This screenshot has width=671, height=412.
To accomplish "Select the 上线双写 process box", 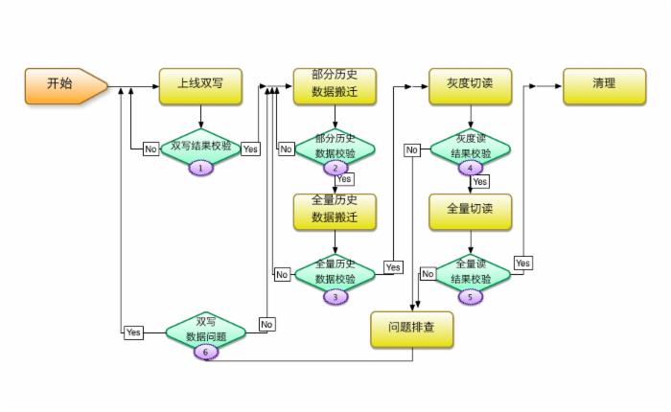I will (200, 84).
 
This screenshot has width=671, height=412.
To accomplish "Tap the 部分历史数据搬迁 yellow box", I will (335, 84).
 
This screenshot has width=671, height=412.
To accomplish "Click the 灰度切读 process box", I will (470, 84).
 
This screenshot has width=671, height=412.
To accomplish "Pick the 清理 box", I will (604, 84).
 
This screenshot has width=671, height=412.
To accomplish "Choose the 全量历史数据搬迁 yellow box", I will (335, 210).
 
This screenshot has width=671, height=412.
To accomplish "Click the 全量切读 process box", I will (470, 210).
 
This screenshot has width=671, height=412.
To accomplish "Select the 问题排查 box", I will (412, 329).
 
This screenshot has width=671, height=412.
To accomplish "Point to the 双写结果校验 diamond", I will (200, 147).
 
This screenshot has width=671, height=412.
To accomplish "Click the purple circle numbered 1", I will (200, 167).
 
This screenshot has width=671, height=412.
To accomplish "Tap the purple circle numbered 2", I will (335, 168).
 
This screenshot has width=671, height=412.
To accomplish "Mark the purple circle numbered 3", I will (335, 297).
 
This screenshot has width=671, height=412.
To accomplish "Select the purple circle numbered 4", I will (471, 168).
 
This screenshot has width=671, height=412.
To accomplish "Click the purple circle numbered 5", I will (471, 297).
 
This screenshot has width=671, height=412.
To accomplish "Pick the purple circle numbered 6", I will (205, 352).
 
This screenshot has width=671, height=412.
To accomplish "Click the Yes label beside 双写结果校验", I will (250, 149).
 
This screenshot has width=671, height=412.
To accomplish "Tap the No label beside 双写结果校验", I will (150, 149).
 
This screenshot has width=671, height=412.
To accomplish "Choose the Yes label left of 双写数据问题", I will (133, 332).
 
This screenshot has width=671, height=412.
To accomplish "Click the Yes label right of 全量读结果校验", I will (522, 263).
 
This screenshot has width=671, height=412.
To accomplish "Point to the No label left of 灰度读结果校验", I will (411, 149).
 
